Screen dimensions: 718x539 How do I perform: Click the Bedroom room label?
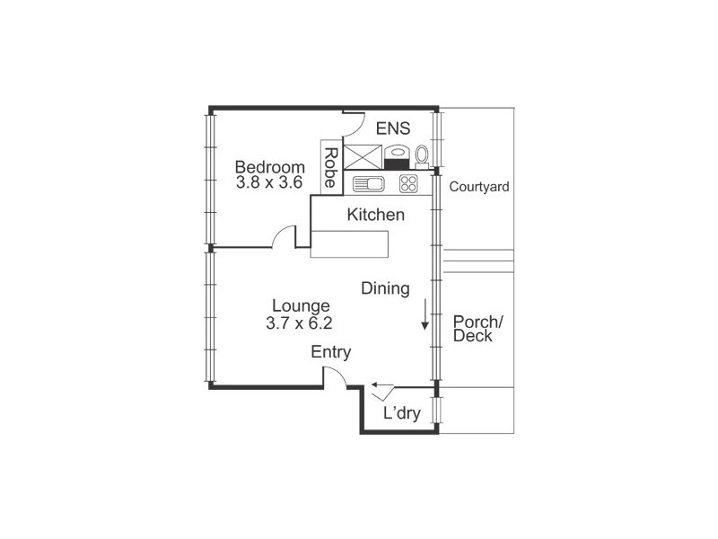point(270,167)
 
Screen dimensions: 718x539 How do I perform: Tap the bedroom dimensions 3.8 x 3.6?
point(269,182)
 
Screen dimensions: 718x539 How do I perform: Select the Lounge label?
point(301,305)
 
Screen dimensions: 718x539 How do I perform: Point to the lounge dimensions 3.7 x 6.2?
point(299,323)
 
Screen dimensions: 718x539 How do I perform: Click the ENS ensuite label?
point(393,128)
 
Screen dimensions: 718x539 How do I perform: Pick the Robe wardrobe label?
point(330,167)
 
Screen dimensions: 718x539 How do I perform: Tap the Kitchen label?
point(375,215)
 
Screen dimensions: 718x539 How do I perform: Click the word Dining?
point(385,288)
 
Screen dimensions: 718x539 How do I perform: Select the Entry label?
point(330,352)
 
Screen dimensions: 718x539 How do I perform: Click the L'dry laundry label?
point(401,413)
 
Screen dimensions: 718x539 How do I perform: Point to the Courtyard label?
point(479,187)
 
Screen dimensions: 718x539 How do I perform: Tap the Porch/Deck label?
point(477,329)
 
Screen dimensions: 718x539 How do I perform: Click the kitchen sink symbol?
point(369,184)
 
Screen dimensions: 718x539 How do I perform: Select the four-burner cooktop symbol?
point(408,184)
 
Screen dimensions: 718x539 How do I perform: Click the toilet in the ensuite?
point(422,156)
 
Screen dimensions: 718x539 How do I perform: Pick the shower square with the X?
point(363,157)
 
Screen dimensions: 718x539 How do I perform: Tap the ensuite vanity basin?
point(396,156)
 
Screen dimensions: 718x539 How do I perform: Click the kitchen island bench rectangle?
point(349,244)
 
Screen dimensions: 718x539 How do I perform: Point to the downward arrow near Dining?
point(425,314)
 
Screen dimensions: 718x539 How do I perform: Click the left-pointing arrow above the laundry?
point(382,384)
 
